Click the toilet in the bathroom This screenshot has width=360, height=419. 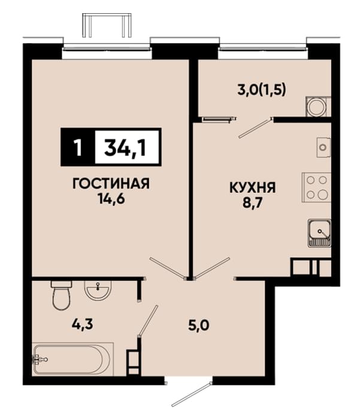(61, 294)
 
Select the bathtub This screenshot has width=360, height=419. (72, 359)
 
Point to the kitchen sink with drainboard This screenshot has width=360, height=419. (319, 233)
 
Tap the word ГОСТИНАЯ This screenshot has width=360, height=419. (111, 184)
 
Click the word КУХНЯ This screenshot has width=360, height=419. (252, 187)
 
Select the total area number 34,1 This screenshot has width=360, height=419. (125, 147)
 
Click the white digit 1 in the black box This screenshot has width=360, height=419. (78, 147)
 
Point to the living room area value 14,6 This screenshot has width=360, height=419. (111, 199)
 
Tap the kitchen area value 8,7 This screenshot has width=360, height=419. (253, 203)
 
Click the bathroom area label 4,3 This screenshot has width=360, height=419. (82, 324)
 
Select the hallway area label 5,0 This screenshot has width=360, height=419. (199, 326)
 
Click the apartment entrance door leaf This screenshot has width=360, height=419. (192, 394)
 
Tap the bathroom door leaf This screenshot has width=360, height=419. (148, 320)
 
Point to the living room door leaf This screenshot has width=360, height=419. (167, 268)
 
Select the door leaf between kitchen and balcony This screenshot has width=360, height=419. (255, 129)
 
